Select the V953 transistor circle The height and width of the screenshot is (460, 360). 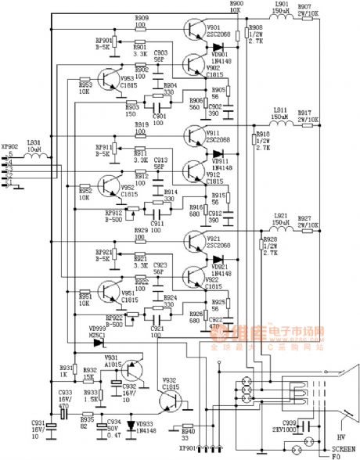pos(107,89)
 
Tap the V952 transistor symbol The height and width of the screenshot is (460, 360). pos(107,192)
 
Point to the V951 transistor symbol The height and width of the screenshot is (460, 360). pos(107,296)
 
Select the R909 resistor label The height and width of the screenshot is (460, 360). pos(141,17)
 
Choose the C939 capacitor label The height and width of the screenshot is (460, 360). pos(290,421)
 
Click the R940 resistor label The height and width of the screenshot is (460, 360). pos(186,429)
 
